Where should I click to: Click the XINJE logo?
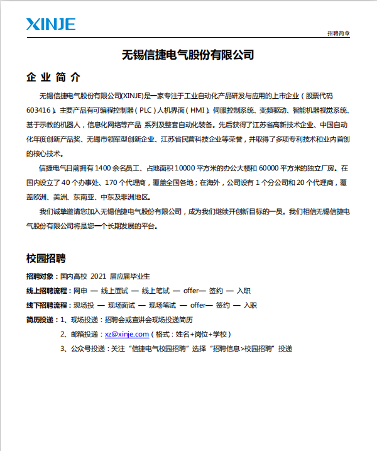pos(51,25)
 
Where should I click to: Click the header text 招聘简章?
pos(339,33)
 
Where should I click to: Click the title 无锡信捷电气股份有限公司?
pos(188,55)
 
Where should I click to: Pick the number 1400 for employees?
pos(102,169)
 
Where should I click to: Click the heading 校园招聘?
pos(46,259)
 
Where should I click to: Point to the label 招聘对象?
pos(40,276)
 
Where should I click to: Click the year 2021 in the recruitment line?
pos(98,276)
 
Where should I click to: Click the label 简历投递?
pos(40,320)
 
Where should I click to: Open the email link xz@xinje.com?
pos(127,334)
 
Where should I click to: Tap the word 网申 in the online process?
pos(80,291)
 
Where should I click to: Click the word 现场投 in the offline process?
pos(84,305)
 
